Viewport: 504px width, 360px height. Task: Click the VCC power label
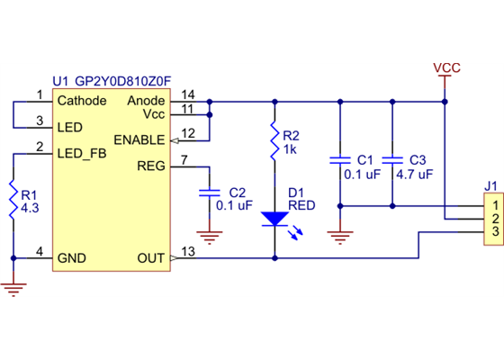[x=447, y=68]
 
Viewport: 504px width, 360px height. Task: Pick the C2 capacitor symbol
[x=210, y=193]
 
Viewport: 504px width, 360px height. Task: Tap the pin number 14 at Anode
[x=187, y=94]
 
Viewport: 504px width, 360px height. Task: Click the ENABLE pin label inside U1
[x=139, y=139]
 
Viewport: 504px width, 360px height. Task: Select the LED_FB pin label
[x=82, y=154]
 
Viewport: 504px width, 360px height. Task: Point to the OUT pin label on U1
[x=150, y=258]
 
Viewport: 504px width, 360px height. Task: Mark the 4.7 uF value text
[x=415, y=174]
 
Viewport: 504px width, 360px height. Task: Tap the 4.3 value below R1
[x=30, y=207]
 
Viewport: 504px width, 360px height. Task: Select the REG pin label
[x=150, y=166]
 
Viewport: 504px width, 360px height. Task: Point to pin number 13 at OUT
[x=187, y=251]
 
